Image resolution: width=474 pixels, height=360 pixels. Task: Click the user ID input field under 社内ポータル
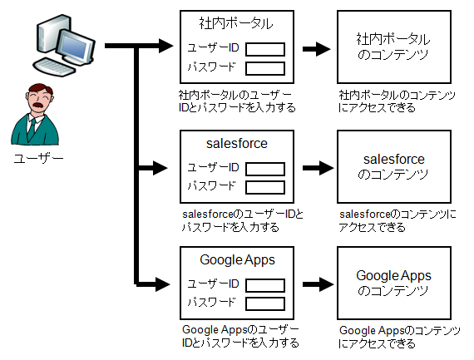pyautogui.click(x=265, y=49)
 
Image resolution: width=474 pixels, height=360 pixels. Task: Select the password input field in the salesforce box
pyautogui.click(x=265, y=187)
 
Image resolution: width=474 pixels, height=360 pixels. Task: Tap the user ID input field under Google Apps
pyautogui.click(x=265, y=285)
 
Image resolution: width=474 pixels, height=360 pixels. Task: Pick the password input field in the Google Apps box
pyautogui.click(x=265, y=303)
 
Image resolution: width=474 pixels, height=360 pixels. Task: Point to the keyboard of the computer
pyautogui.click(x=54, y=67)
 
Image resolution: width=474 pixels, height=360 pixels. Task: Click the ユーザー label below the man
pyautogui.click(x=39, y=159)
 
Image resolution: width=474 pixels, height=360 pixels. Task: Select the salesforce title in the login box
pyautogui.click(x=237, y=143)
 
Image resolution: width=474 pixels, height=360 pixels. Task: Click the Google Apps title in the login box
pyautogui.click(x=237, y=260)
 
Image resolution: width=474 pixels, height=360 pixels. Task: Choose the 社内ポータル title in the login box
pyautogui.click(x=236, y=23)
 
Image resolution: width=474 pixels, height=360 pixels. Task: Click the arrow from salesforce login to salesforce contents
pyautogui.click(x=318, y=168)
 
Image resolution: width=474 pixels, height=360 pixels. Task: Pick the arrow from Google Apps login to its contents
pyautogui.click(x=318, y=284)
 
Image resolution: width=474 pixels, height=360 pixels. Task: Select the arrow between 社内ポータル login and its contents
pyautogui.click(x=316, y=49)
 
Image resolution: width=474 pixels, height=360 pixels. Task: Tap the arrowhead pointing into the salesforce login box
pyautogui.click(x=160, y=168)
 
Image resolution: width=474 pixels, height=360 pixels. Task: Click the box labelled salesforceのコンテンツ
pyautogui.click(x=394, y=166)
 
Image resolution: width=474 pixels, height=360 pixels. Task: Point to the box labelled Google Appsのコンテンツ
pyautogui.click(x=394, y=283)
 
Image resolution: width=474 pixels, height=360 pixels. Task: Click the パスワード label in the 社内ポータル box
pyautogui.click(x=211, y=67)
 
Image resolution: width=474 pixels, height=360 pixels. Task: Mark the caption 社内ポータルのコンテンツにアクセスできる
pyautogui.click(x=397, y=101)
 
